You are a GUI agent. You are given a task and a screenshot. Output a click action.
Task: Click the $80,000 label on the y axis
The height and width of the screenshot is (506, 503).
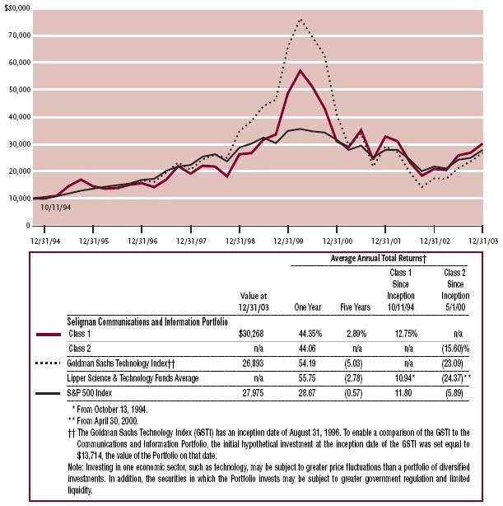click(x=17, y=7)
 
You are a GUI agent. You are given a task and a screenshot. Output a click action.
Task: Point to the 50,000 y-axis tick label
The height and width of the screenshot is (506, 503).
click(x=20, y=89)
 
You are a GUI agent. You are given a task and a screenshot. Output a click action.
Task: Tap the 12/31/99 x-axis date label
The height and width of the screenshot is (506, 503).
click(x=288, y=241)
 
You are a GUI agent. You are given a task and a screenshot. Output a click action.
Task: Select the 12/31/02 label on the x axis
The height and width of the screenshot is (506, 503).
click(x=435, y=241)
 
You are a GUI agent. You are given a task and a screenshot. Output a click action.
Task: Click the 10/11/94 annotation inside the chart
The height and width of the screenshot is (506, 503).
click(x=55, y=208)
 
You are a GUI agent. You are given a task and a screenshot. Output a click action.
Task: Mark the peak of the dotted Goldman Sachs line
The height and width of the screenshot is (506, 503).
click(x=300, y=19)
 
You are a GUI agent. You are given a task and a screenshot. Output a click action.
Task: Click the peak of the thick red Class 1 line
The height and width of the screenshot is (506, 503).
click(x=300, y=71)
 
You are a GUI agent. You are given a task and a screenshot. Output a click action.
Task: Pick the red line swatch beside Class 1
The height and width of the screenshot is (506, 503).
click(x=49, y=335)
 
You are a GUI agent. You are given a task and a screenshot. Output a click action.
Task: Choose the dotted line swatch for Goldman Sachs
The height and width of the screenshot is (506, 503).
click(x=48, y=363)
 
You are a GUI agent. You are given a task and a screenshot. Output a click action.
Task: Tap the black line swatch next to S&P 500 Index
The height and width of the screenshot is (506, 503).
click(x=48, y=393)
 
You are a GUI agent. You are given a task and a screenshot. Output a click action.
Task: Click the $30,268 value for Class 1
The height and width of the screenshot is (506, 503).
click(x=251, y=334)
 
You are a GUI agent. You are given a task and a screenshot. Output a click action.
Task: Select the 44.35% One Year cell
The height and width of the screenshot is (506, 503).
click(x=310, y=334)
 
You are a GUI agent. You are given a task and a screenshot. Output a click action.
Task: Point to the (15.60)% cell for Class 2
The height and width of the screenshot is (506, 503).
click(x=455, y=349)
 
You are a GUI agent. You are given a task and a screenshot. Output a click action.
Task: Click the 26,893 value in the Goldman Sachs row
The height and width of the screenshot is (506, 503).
click(x=253, y=363)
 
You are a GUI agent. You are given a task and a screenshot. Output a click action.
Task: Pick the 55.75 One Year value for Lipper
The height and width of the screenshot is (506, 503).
click(x=307, y=378)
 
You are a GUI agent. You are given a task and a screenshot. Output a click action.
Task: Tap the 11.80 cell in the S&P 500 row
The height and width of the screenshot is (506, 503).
click(x=403, y=393)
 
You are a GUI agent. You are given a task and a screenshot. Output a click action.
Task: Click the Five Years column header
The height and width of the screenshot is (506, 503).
click(x=356, y=307)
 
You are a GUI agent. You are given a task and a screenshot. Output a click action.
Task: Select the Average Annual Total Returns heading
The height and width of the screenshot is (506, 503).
click(x=379, y=258)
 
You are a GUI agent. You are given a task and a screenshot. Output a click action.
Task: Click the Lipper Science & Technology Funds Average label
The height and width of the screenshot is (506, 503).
click(x=133, y=378)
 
